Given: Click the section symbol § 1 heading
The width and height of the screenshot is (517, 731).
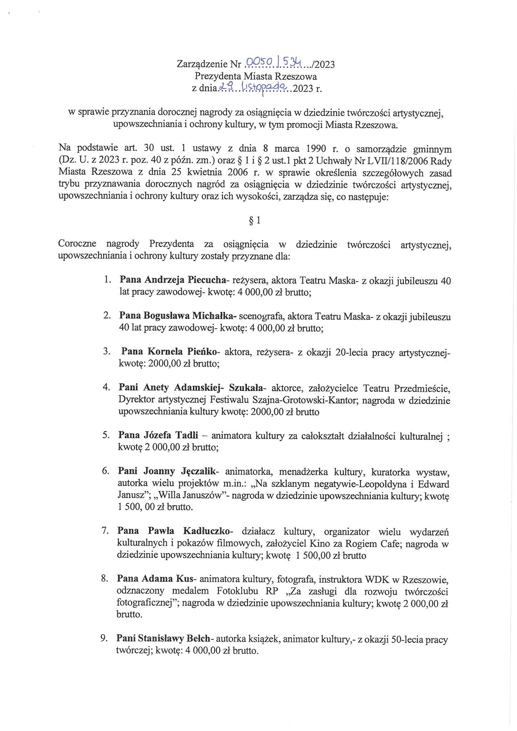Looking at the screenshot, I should tap(255, 221).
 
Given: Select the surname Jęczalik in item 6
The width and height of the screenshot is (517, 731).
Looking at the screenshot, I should tap(199, 471).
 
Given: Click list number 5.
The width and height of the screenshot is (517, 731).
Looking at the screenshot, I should tap(106, 435).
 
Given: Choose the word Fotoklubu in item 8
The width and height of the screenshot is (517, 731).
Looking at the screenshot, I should tap(237, 591).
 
